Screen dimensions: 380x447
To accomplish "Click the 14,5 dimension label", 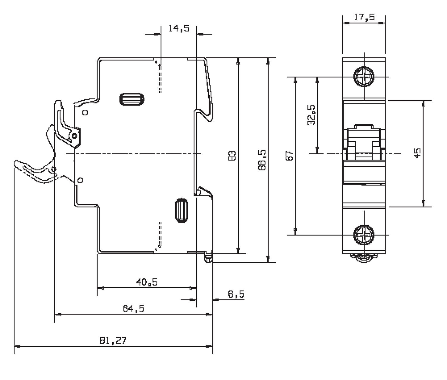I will click(179, 29).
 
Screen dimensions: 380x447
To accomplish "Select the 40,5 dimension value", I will click(147, 282).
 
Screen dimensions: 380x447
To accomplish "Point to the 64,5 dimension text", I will click(134, 308).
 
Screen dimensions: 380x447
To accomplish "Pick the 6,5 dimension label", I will click(236, 294).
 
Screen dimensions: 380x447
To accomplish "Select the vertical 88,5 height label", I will click(262, 160).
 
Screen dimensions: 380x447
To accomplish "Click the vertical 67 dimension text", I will click(289, 156).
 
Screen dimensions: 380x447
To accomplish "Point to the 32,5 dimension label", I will click(311, 115).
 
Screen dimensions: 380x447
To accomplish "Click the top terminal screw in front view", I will click(364, 77).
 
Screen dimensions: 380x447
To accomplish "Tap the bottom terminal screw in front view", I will click(364, 235).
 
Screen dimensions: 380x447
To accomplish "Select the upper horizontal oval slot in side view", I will click(132, 99).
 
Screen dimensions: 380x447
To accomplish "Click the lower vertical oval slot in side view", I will click(181, 210).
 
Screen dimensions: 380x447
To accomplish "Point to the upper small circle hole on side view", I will click(85, 112).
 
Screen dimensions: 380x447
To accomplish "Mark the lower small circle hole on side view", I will click(80, 180).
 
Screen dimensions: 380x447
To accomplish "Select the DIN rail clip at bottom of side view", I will click(208, 258).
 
